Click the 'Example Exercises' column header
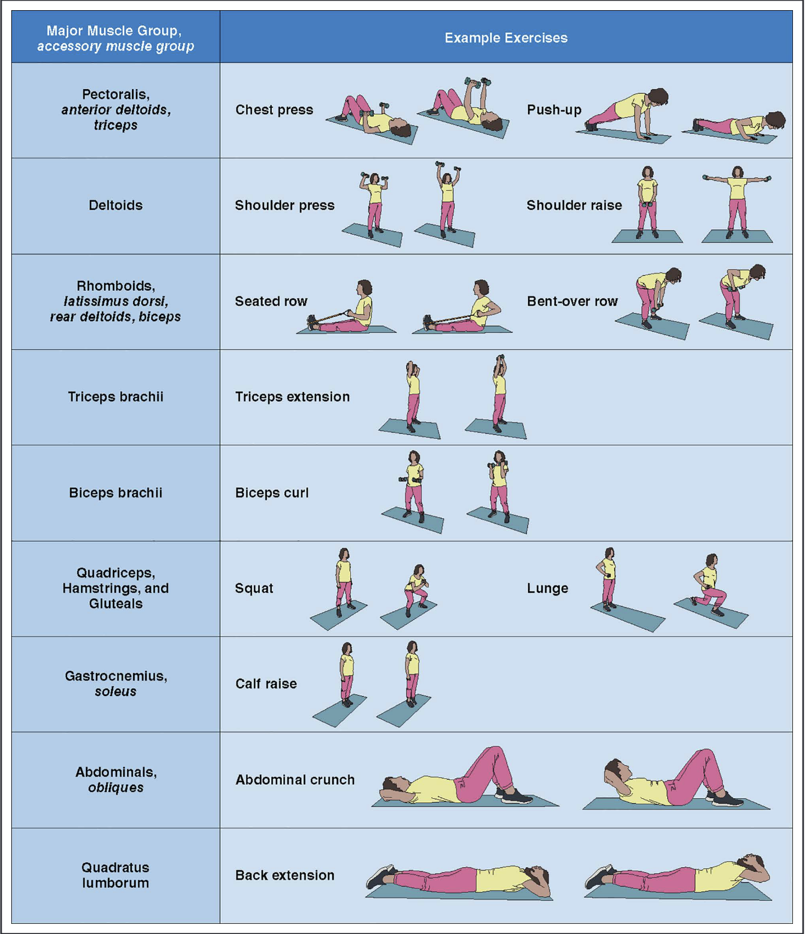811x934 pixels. [x=506, y=38]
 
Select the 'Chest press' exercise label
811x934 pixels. [x=274, y=109]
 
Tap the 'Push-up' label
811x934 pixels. [x=554, y=109]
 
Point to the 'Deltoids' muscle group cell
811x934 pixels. [x=116, y=205]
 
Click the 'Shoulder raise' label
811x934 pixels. [x=574, y=205]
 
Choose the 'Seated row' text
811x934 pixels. [x=271, y=301]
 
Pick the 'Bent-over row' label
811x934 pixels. [x=572, y=301]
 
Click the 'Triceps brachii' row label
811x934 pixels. [x=116, y=396]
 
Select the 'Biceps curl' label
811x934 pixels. [x=272, y=492]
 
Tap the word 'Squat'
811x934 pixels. [x=254, y=588]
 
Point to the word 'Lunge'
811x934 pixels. [x=547, y=588]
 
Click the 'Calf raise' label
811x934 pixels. [x=266, y=684]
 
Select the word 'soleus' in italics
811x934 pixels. [x=116, y=691]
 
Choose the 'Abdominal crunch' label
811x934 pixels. [x=295, y=779]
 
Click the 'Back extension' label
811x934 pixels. [x=285, y=875]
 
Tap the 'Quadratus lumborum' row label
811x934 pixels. [x=116, y=875]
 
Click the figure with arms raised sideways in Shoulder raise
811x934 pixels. [x=737, y=200]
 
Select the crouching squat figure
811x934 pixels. [x=416, y=589]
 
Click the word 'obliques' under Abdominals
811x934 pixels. [x=116, y=787]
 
